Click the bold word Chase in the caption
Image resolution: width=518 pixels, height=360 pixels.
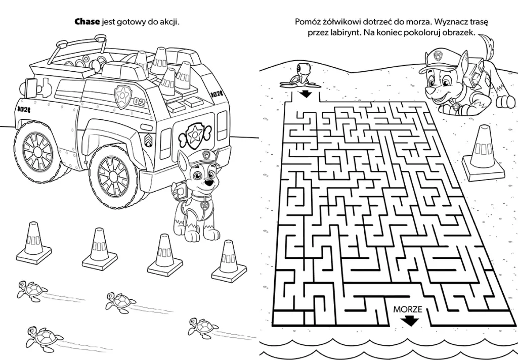tap(87, 22)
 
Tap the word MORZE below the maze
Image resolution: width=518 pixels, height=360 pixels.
tap(408, 309)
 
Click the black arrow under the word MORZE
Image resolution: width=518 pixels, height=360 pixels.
tap(410, 321)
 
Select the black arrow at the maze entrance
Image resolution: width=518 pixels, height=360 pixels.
tap(306, 94)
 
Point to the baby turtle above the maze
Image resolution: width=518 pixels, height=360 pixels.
tap(300, 76)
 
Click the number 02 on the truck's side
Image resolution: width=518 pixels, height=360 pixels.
tap(140, 102)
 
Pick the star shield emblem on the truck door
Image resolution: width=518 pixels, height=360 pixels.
tap(123, 96)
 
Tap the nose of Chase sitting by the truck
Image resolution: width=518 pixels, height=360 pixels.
tap(208, 183)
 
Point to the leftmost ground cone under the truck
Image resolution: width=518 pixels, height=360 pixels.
tap(34, 243)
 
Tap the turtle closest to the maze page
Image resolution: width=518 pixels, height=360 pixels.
tap(203, 328)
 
